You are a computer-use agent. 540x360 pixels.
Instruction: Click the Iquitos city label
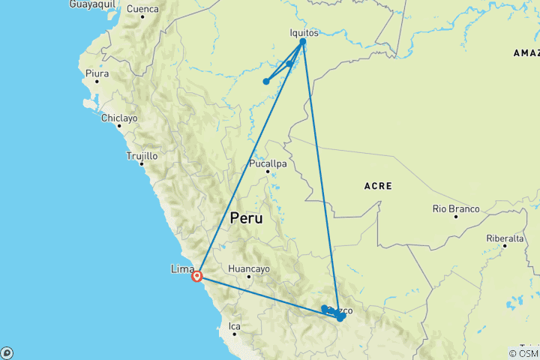pyautogui.click(x=304, y=33)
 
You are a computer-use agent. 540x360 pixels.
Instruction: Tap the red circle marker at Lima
pyautogui.click(x=197, y=276)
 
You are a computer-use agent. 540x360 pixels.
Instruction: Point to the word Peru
pyautogui.click(x=247, y=219)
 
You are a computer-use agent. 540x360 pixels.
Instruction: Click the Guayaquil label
pyautogui.click(x=92, y=4)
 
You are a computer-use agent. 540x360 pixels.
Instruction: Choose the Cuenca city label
pyautogui.click(x=142, y=10)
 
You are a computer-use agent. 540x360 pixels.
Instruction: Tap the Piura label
pyautogui.click(x=97, y=73)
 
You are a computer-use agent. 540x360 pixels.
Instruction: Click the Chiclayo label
pyautogui.click(x=120, y=118)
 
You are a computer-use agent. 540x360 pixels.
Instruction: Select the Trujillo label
pyautogui.click(x=142, y=156)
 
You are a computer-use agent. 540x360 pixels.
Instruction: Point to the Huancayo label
pyautogui.click(x=249, y=268)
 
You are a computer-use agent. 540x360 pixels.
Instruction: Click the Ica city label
pyautogui.click(x=235, y=326)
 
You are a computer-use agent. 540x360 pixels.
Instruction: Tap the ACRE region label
pyautogui.click(x=378, y=185)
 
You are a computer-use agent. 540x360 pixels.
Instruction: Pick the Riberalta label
pyautogui.click(x=505, y=238)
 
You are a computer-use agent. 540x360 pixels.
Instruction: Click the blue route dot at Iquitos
pyautogui.click(x=302, y=42)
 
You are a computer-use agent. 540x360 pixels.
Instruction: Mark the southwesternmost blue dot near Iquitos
pyautogui.click(x=266, y=82)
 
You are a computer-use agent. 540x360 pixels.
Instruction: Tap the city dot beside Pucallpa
pyautogui.click(x=267, y=172)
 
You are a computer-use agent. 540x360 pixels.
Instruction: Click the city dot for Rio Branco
pyautogui.click(x=455, y=217)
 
